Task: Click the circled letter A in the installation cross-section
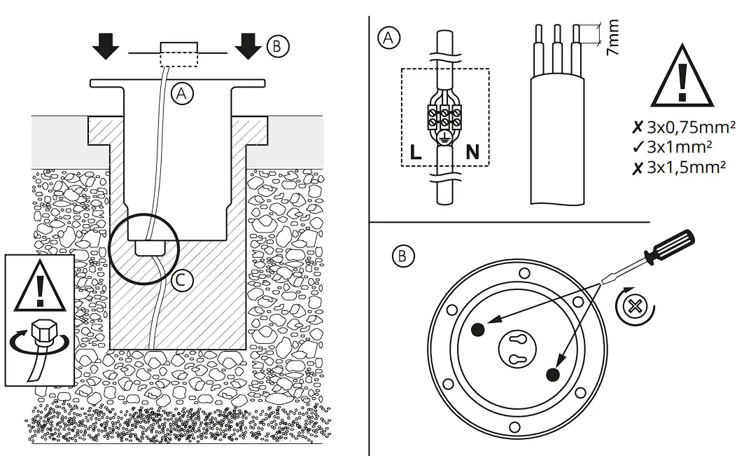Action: point(182,94)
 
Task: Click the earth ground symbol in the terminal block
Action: point(444,138)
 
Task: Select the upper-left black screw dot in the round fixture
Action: point(477,329)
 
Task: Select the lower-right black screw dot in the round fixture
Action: point(553,375)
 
